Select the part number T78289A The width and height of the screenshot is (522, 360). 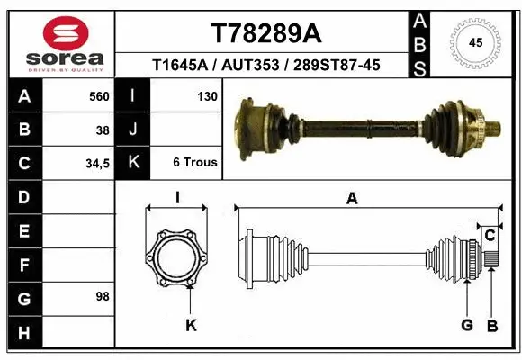[x=265, y=33]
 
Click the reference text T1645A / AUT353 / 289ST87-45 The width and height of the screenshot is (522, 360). [x=265, y=65]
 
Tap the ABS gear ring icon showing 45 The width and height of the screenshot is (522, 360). [x=476, y=42]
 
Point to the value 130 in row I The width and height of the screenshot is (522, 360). [x=206, y=96]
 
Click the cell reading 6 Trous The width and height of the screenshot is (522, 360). [x=194, y=163]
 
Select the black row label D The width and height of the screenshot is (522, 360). [x=23, y=196]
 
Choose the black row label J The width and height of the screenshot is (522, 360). [x=133, y=130]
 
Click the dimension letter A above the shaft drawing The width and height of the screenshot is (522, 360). [x=352, y=199]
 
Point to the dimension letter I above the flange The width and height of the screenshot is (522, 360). [x=178, y=199]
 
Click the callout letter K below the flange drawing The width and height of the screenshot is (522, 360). [x=191, y=325]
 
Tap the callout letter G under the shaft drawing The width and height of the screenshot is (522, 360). [x=466, y=325]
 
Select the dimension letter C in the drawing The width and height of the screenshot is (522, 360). [x=490, y=236]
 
